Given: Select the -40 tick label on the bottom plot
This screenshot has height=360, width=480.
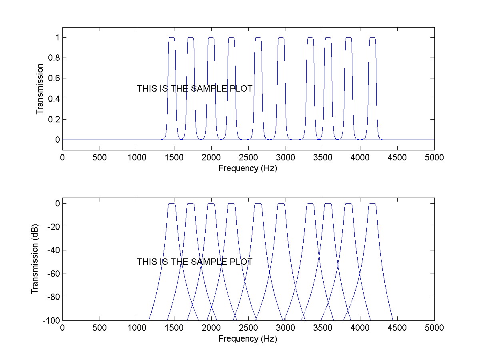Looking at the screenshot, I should click(x=53, y=250).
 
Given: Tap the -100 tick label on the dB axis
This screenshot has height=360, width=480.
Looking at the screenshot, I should click(x=51, y=321).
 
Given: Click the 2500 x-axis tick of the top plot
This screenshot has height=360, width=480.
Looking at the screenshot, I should click(x=248, y=158).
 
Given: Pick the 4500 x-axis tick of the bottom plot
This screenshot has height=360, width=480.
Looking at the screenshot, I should click(x=397, y=328).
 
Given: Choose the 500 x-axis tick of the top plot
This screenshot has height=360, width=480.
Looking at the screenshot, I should click(x=100, y=158).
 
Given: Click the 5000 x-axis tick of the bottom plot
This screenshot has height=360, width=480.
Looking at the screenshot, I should click(x=434, y=328).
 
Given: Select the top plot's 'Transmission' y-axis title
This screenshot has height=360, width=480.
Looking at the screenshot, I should click(x=40, y=89).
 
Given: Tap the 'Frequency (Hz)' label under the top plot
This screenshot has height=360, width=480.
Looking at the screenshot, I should click(x=248, y=168).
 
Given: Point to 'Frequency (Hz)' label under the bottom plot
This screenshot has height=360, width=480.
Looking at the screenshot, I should click(x=248, y=339).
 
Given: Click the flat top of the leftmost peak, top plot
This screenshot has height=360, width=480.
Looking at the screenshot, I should click(x=172, y=38).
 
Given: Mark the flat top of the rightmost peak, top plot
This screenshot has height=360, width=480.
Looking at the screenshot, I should click(x=372, y=38).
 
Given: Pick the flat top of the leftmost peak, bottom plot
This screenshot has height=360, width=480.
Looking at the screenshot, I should click(x=172, y=204).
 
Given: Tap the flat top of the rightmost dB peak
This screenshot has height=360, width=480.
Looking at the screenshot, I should click(x=372, y=204).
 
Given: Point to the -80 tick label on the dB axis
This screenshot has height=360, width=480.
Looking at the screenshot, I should click(x=53, y=297).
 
